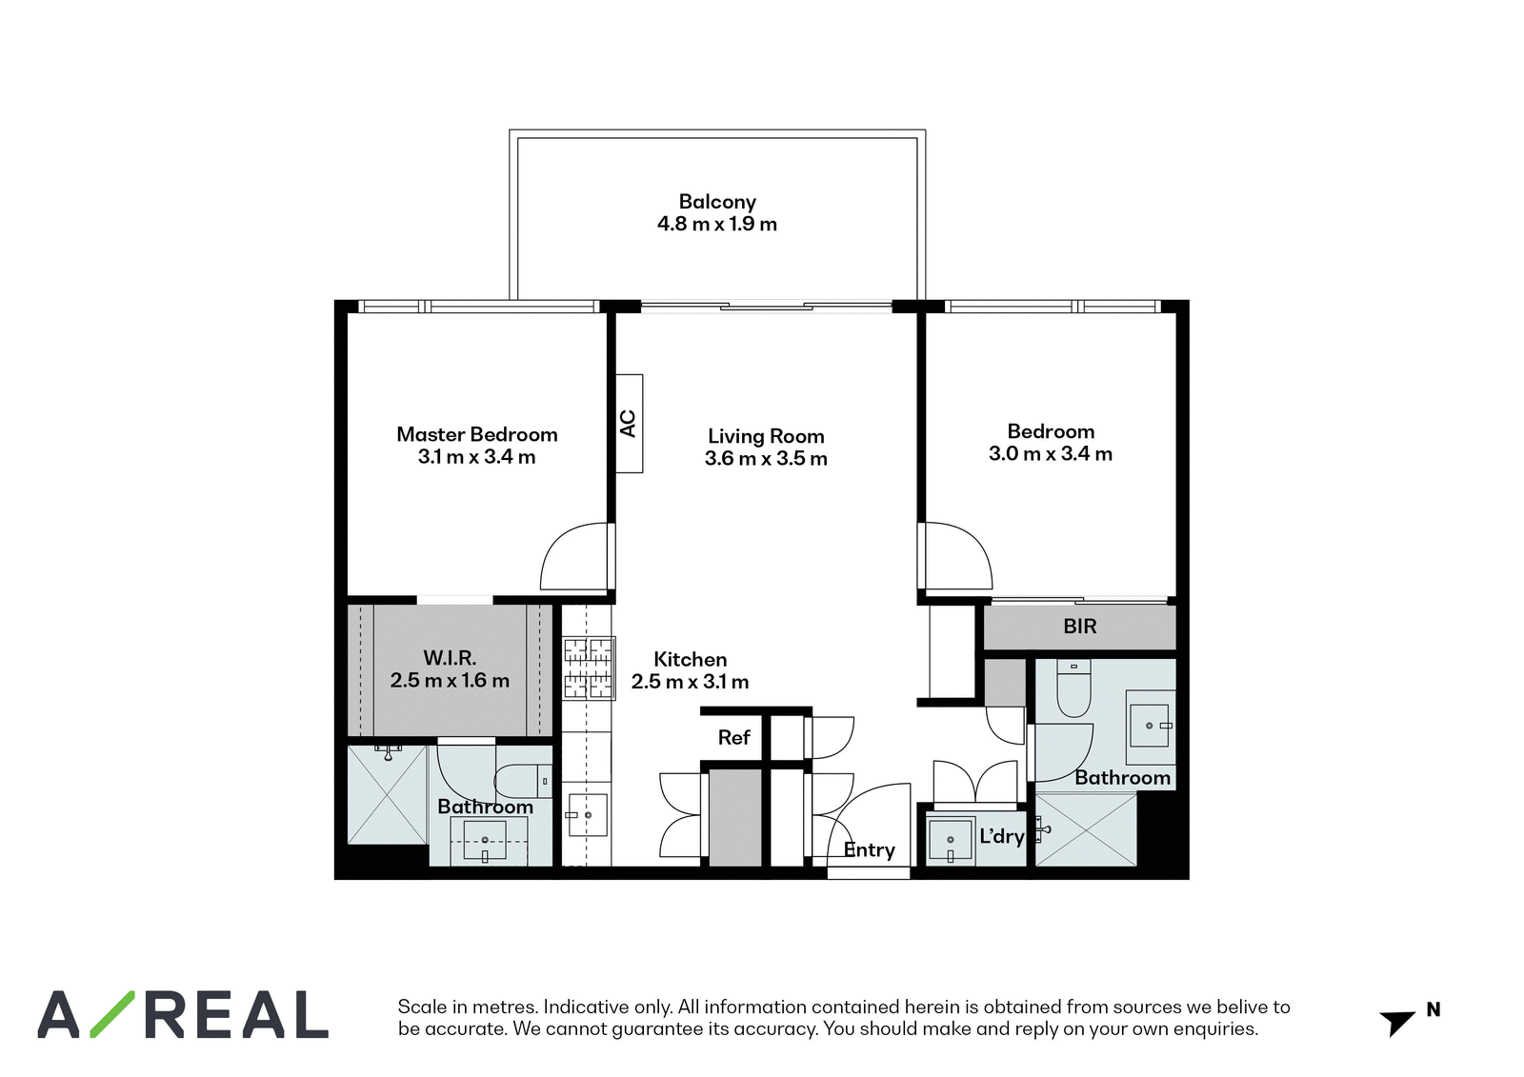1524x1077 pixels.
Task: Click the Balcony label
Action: point(717,202)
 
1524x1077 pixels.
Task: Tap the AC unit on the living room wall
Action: point(630,423)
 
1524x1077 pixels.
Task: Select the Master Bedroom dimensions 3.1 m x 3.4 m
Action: point(476,457)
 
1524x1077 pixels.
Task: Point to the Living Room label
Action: point(766,436)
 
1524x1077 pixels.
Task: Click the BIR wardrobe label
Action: point(1080,627)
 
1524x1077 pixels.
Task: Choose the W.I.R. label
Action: point(450,658)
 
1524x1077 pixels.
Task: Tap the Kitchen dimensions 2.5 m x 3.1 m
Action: point(690,682)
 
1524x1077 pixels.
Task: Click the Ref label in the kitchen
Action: point(734,737)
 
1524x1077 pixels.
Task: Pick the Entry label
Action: point(869,850)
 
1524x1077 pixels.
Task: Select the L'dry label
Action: point(1001,836)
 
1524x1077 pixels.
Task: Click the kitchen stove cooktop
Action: point(589,668)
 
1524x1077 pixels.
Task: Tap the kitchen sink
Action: point(587,815)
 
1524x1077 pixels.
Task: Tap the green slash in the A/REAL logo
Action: point(112,1014)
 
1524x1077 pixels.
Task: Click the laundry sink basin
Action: point(952,841)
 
